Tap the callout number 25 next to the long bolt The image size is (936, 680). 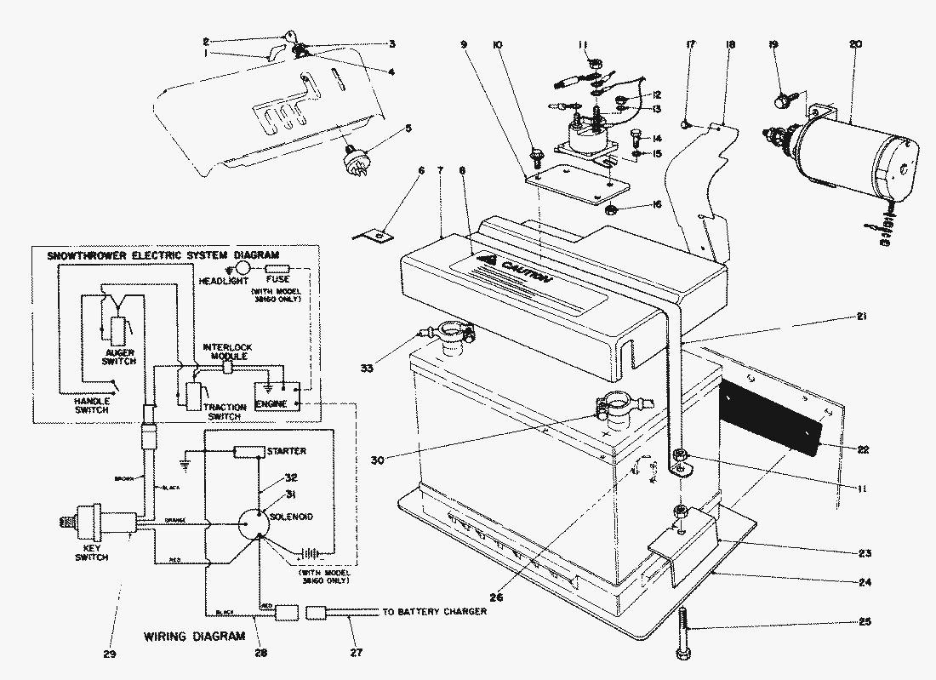pyautogui.click(x=865, y=621)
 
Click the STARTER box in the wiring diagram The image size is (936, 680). pyautogui.click(x=248, y=450)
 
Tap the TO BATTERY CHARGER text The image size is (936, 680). pyautogui.click(x=434, y=611)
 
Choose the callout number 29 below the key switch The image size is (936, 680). pyautogui.click(x=110, y=654)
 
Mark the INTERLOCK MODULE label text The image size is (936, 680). pyautogui.click(x=226, y=352)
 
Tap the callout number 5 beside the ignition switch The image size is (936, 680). pyautogui.click(x=408, y=129)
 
